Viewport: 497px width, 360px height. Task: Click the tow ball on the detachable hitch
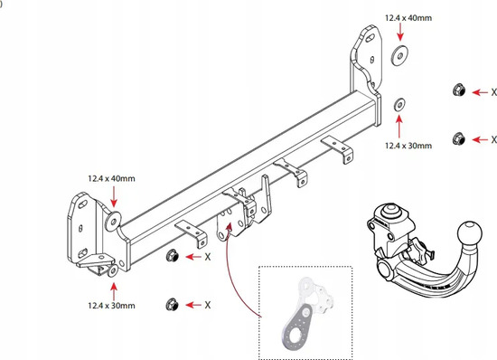469,234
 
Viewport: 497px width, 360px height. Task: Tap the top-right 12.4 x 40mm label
408,18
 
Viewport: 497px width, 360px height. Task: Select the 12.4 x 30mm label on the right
408,146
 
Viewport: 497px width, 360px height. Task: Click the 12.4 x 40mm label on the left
111,178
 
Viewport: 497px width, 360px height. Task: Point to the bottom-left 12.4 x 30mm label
111,306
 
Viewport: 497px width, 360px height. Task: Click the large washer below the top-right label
399,56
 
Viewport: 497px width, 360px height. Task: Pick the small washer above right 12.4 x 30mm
399,105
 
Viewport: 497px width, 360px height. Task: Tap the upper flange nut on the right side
459,90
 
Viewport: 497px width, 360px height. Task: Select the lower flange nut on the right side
459,138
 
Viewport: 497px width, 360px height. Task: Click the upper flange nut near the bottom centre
172,256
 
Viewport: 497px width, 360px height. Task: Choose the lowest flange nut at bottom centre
172,305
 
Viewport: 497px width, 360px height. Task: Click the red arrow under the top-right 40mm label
400,32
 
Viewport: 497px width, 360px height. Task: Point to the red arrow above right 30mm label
399,127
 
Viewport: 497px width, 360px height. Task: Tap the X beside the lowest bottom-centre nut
208,305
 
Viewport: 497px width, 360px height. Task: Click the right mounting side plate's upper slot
370,39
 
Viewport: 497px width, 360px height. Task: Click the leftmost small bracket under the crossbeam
192,233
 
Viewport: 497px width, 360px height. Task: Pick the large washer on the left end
113,221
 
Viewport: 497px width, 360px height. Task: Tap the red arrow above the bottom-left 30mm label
114,291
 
